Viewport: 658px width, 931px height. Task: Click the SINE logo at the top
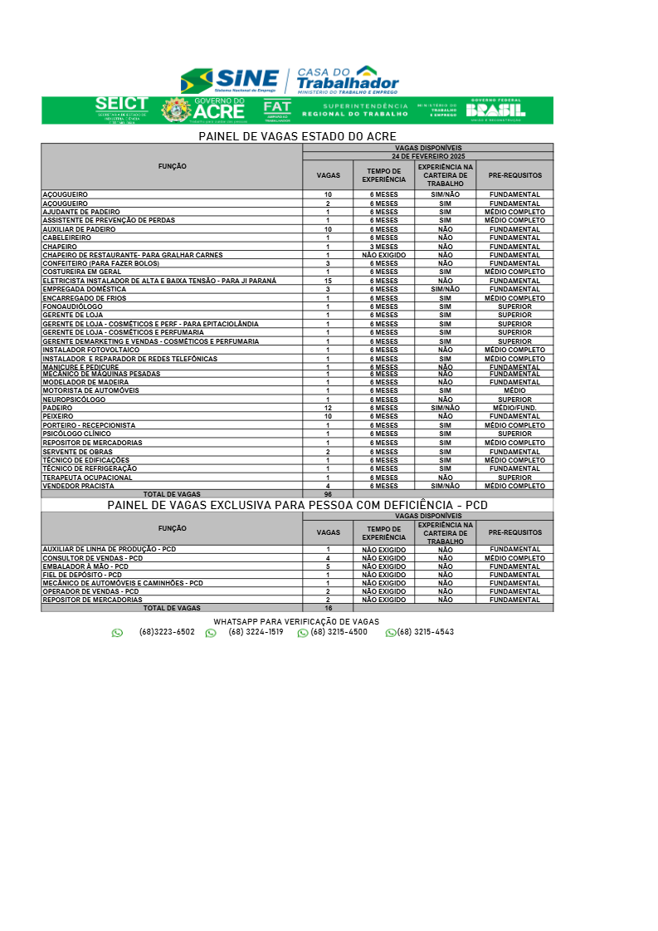point(230,81)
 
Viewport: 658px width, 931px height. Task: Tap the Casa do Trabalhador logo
point(347,80)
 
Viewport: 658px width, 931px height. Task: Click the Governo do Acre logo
point(203,110)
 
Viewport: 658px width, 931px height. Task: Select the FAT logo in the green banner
point(277,110)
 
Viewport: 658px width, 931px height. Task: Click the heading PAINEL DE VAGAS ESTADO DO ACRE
point(297,136)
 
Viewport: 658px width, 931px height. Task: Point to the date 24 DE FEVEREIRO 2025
point(428,156)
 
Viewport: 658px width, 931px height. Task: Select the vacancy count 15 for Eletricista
point(328,281)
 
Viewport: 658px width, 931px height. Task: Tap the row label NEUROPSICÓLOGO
point(74,399)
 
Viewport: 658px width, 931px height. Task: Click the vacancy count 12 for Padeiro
point(328,408)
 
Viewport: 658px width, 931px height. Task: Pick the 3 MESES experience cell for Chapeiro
point(383,247)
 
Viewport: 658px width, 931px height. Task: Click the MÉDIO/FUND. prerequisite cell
point(514,408)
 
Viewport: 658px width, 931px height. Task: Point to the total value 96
point(328,494)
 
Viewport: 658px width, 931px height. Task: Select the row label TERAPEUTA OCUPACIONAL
point(87,478)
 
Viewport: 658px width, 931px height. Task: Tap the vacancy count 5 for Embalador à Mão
point(328,566)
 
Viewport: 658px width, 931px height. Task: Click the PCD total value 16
point(328,608)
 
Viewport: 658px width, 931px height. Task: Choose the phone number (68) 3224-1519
point(256,632)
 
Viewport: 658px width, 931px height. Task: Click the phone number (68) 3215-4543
point(425,632)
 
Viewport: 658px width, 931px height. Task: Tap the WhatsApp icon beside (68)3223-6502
point(117,633)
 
